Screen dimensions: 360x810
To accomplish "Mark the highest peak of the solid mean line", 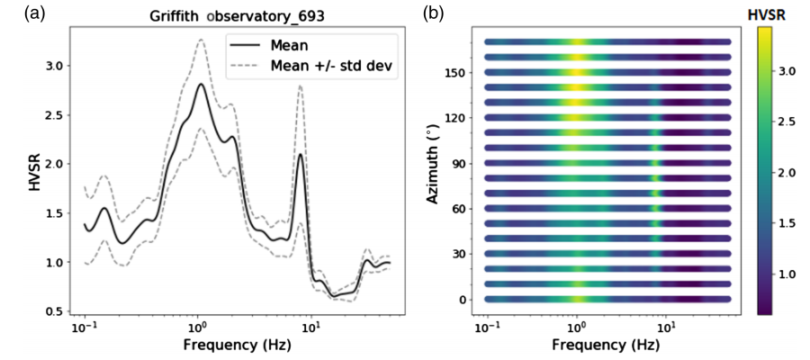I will click(201, 85).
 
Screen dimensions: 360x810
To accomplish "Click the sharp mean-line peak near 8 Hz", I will click(300, 154).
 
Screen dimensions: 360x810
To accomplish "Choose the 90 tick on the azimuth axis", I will click(461, 163).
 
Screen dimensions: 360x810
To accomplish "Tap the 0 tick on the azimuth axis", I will click(464, 299).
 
